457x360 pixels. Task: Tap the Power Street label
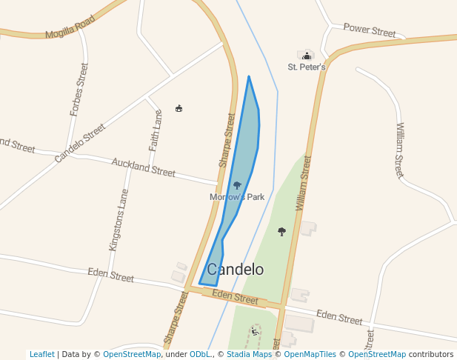pyautogui.click(x=370, y=30)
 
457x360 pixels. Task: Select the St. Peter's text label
pyautogui.click(x=307, y=67)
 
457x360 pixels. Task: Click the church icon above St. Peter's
pyautogui.click(x=307, y=56)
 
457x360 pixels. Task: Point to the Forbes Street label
pyautogui.click(x=79, y=90)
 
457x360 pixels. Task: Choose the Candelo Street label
pyautogui.click(x=80, y=143)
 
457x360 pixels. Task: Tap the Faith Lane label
pyautogui.click(x=156, y=131)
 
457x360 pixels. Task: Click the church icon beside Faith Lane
pyautogui.click(x=179, y=109)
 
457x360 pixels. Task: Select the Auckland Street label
pyautogui.click(x=144, y=167)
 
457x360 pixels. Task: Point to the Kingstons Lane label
pyautogui.click(x=119, y=220)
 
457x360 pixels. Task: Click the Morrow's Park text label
pyautogui.click(x=237, y=197)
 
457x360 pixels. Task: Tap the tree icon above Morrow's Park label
pyautogui.click(x=237, y=185)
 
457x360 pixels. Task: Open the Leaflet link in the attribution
pyautogui.click(x=41, y=355)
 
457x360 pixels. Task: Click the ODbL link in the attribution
pyautogui.click(x=200, y=355)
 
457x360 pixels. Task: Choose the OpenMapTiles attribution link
pyautogui.click(x=311, y=355)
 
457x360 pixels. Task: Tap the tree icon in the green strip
pyautogui.click(x=281, y=232)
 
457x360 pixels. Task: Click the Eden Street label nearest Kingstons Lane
pyautogui.click(x=111, y=276)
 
